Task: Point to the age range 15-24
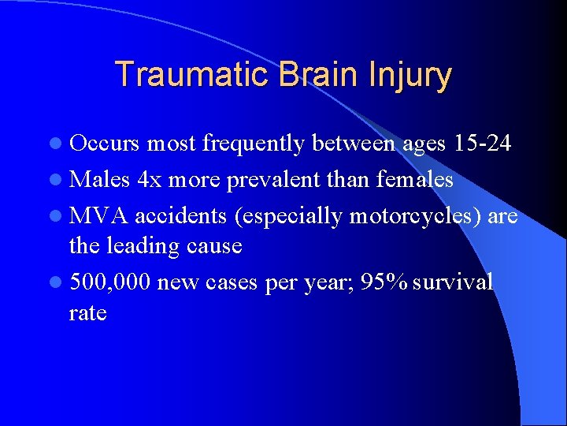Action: pyautogui.click(x=483, y=144)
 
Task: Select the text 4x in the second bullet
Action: pyautogui.click(x=149, y=179)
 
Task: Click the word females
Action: pyautogui.click(x=414, y=179)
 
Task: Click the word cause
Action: pyautogui.click(x=214, y=246)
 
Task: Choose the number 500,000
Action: pyautogui.click(x=110, y=282)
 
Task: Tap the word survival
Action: pyautogui.click(x=451, y=282)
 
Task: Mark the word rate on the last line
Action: pyautogui.click(x=87, y=313)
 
